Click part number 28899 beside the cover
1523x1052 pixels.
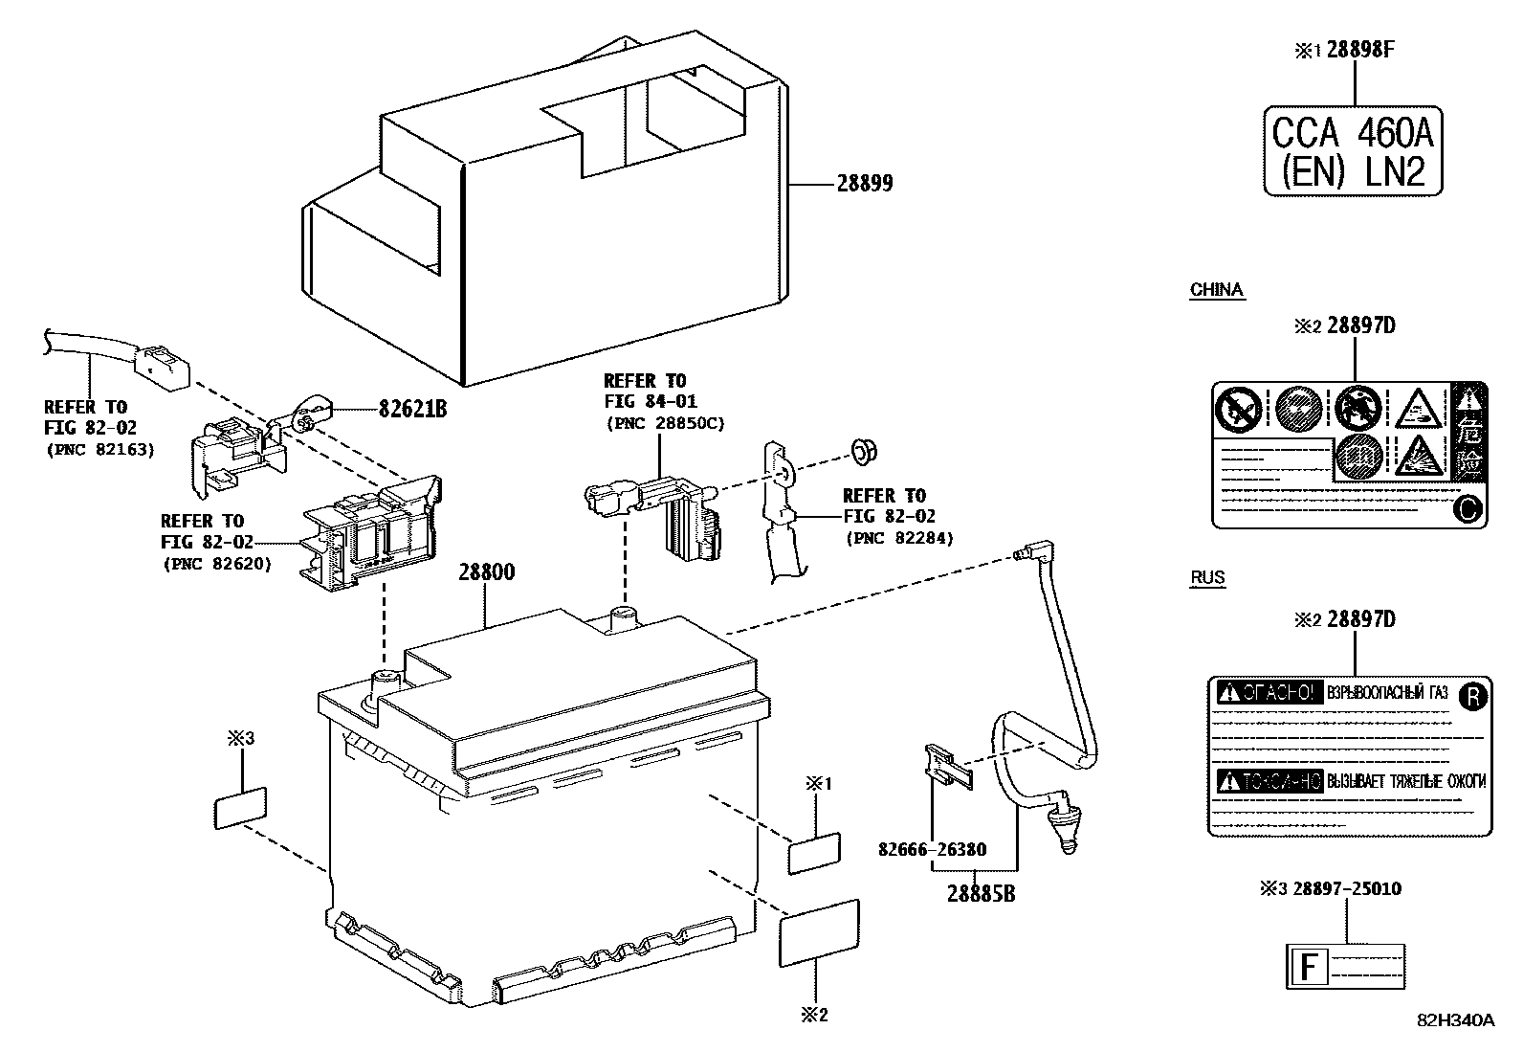click(x=864, y=183)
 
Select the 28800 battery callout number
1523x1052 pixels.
click(x=486, y=572)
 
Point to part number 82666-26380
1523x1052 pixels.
click(x=932, y=849)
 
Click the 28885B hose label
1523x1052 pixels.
click(x=982, y=894)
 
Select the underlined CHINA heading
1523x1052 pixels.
click(x=1216, y=290)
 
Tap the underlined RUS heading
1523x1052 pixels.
click(x=1207, y=578)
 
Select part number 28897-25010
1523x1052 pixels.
click(x=1346, y=889)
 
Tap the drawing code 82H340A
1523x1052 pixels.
click(x=1455, y=1020)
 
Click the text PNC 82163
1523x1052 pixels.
click(x=99, y=449)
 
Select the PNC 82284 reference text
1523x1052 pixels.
click(x=899, y=539)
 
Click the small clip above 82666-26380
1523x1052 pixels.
click(x=946, y=766)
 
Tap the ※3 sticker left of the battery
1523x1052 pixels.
click(x=239, y=808)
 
